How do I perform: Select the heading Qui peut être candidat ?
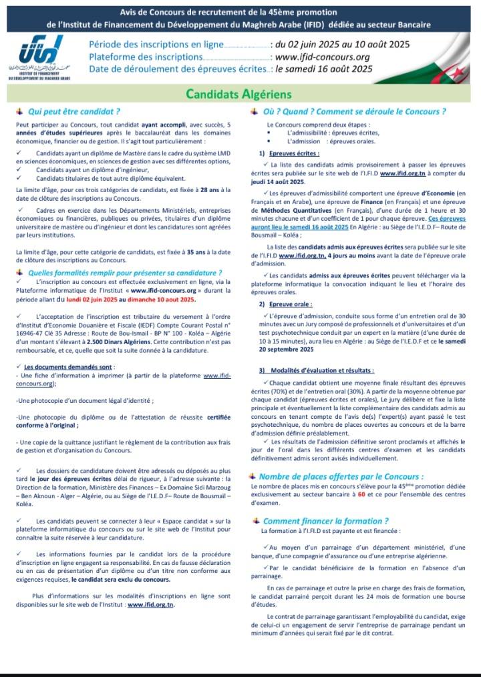73,111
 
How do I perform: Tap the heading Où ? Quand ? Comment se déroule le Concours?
355,111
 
